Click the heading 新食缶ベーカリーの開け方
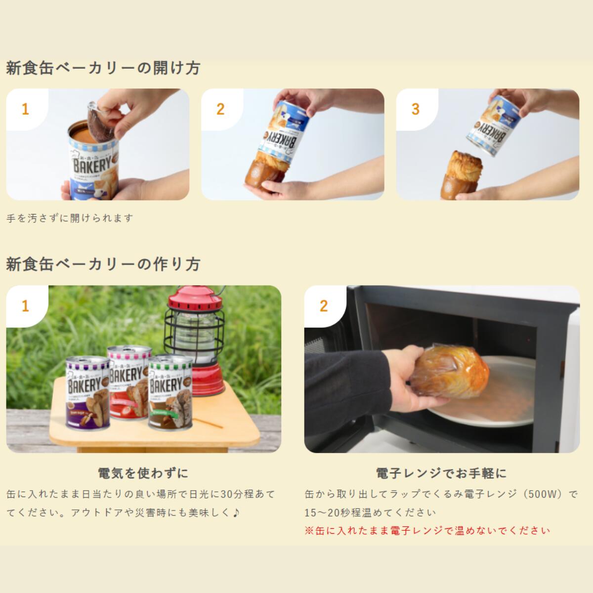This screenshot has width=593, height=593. click(x=103, y=68)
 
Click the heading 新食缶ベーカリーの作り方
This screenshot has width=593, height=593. click(x=103, y=264)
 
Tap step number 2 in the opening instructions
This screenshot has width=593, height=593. click(x=220, y=109)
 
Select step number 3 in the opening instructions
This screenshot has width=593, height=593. click(x=416, y=109)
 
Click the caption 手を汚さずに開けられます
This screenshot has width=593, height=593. click(x=70, y=218)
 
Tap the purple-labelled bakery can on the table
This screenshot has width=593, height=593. click(x=88, y=395)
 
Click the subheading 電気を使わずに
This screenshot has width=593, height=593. click(x=143, y=473)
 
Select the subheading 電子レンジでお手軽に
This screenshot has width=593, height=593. click(x=441, y=473)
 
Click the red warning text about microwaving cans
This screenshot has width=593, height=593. click(x=427, y=531)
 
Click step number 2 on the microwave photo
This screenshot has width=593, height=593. click(x=324, y=306)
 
